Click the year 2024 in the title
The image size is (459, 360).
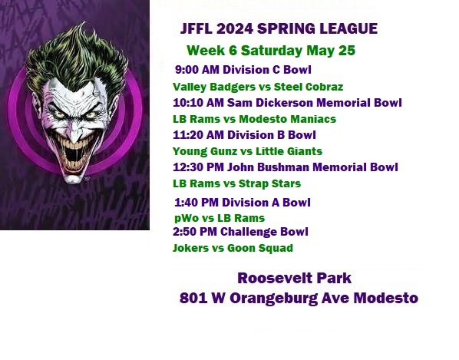click(x=235, y=28)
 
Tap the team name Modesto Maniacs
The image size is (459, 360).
click(x=288, y=119)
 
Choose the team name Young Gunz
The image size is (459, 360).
click(x=205, y=151)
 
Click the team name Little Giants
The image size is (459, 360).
click(x=289, y=151)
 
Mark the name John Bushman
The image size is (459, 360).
click(x=268, y=167)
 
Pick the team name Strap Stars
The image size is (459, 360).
click(x=269, y=183)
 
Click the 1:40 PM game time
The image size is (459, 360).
click(x=196, y=202)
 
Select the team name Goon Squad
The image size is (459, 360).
click(x=260, y=248)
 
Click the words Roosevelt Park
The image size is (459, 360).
click(x=294, y=278)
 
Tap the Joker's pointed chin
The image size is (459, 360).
click(x=73, y=178)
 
